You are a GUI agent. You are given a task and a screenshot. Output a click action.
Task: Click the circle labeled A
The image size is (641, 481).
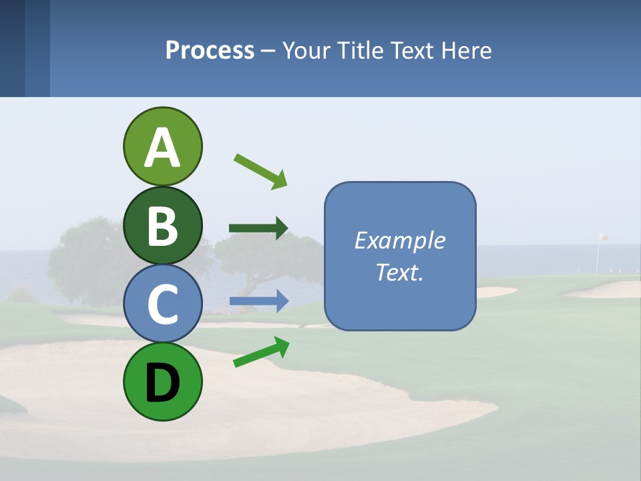(162, 147)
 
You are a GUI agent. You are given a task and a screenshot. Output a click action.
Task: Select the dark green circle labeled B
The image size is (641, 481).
(162, 226)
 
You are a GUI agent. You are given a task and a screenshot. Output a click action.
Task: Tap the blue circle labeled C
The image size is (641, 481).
(162, 304)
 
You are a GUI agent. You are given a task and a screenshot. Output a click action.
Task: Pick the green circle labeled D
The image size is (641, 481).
(162, 382)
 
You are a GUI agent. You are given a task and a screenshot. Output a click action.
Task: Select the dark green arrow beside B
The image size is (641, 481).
(258, 228)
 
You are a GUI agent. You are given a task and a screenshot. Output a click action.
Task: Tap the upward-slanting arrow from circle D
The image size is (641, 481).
(261, 352)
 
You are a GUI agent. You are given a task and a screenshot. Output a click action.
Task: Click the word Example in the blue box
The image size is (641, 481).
(399, 240)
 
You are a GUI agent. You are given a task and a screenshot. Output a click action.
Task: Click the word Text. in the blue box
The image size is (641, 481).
(399, 272)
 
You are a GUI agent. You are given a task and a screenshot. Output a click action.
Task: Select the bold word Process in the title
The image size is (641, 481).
(210, 51)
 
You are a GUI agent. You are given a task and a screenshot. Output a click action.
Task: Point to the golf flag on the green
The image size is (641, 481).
(602, 238)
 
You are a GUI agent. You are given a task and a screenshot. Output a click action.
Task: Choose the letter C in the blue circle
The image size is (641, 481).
(162, 305)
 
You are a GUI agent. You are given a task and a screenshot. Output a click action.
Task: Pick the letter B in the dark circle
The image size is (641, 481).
(162, 226)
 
